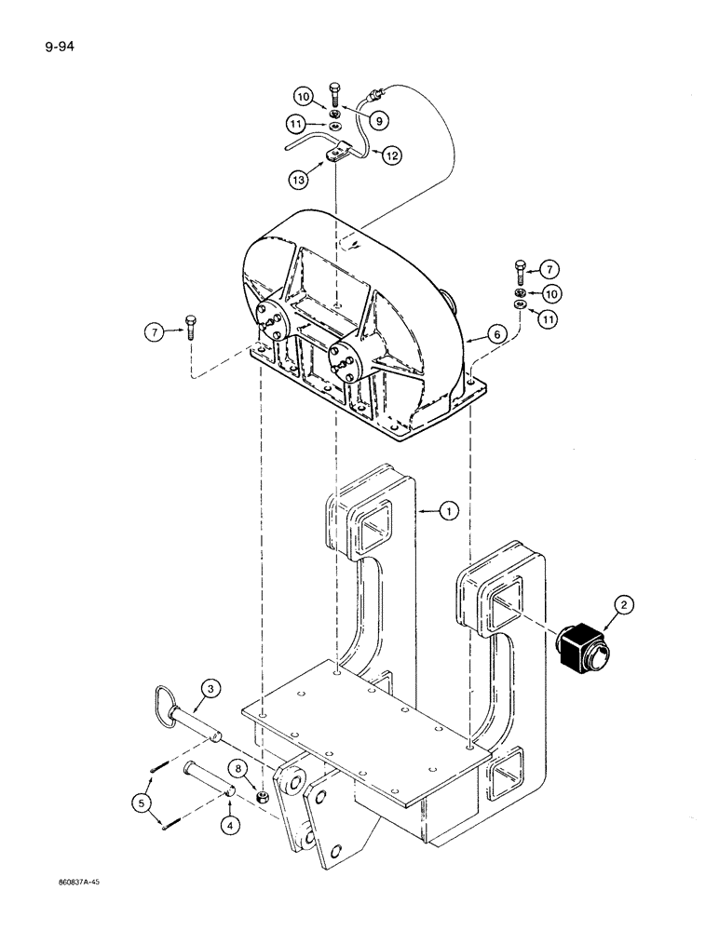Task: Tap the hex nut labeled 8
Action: pyautogui.click(x=264, y=798)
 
